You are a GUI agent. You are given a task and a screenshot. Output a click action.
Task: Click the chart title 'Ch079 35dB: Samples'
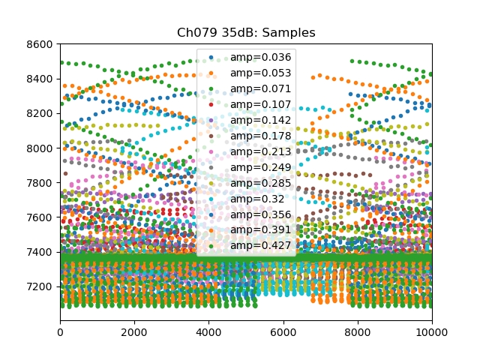(x=245, y=33)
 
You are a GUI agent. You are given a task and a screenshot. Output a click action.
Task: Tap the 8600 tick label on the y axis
(x=40, y=45)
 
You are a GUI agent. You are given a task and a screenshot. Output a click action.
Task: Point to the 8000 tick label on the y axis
(x=40, y=148)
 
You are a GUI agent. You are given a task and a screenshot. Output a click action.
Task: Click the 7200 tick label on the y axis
(x=40, y=286)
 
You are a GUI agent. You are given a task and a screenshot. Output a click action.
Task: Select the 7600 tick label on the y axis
(x=40, y=217)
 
